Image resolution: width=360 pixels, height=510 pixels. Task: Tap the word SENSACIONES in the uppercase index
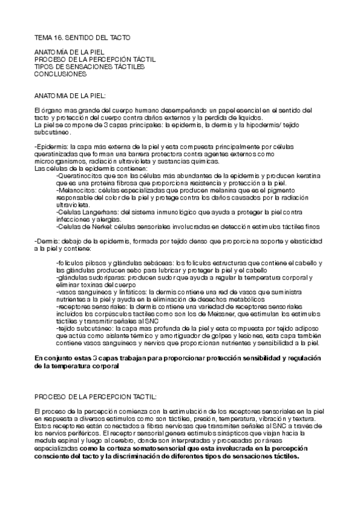click(x=105, y=67)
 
